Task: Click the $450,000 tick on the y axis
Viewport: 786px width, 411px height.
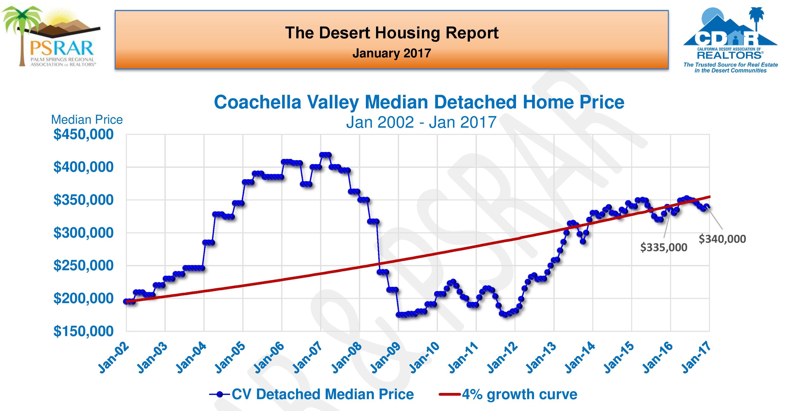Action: tap(83, 134)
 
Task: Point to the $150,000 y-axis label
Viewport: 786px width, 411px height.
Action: tap(83, 331)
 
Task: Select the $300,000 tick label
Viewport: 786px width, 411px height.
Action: tap(83, 233)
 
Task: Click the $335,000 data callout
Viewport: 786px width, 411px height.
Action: tap(664, 247)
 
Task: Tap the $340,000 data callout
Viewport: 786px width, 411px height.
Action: tap(722, 239)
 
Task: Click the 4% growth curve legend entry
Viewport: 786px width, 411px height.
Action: tap(508, 394)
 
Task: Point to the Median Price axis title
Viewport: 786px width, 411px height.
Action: tap(87, 120)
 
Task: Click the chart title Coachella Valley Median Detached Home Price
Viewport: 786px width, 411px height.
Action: tap(419, 102)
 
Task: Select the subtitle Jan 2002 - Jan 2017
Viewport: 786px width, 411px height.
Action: tap(421, 122)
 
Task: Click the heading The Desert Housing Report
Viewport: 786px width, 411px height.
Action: tap(392, 33)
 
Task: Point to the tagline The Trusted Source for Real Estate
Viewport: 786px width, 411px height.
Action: tap(731, 65)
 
